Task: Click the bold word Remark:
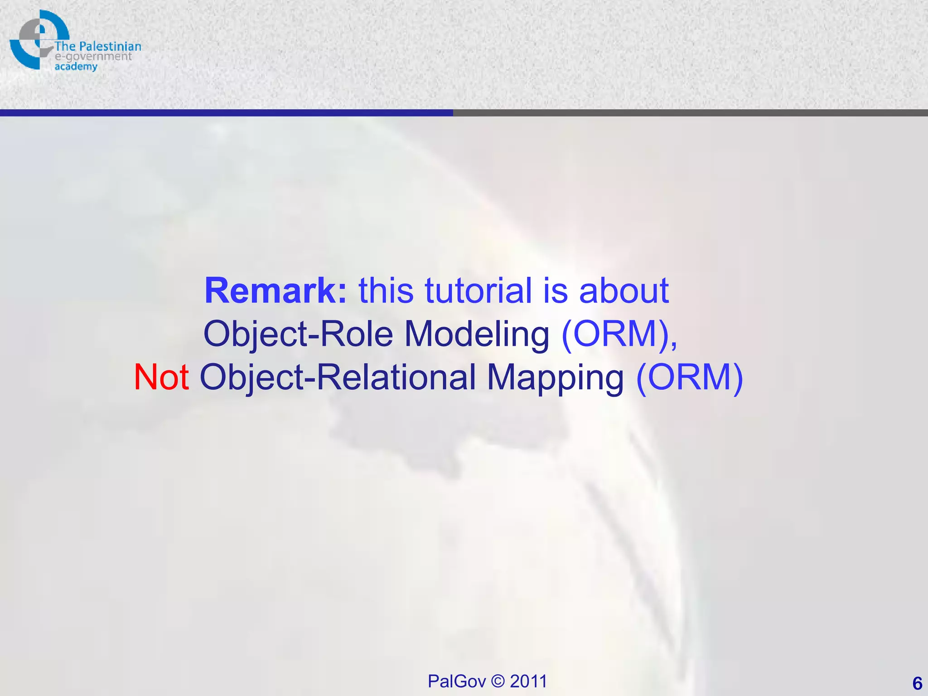[x=275, y=290]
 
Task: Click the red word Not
[x=161, y=377]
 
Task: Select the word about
[x=623, y=290]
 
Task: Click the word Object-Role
[x=298, y=334]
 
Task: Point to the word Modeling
[x=477, y=334]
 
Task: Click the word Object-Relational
[x=338, y=377]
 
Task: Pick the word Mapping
[x=555, y=378]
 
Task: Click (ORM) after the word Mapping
[x=689, y=377]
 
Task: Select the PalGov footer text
[x=456, y=681]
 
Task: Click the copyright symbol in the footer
[x=498, y=681]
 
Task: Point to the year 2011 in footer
[x=528, y=681]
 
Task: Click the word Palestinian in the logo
[x=110, y=47]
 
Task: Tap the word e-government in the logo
[x=93, y=57]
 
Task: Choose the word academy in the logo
[x=76, y=67]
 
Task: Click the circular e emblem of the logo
[x=36, y=39]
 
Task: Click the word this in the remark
[x=386, y=290]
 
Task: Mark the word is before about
[x=555, y=290]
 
